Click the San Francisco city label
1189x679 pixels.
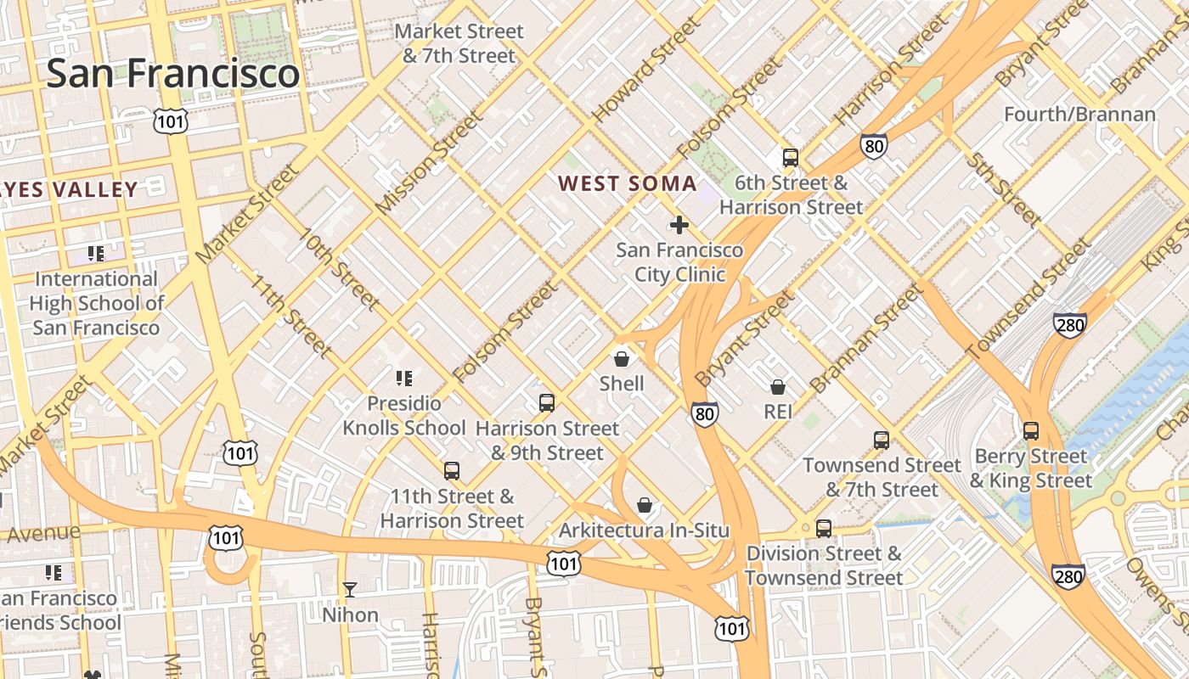click(x=172, y=73)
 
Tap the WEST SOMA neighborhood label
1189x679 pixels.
click(x=627, y=183)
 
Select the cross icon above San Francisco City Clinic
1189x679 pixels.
click(x=679, y=225)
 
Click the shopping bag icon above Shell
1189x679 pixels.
click(x=622, y=358)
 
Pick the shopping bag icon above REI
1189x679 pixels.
click(x=777, y=387)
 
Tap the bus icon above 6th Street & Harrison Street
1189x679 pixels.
click(x=790, y=157)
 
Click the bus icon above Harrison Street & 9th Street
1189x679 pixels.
click(x=547, y=402)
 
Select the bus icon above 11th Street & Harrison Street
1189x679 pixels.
click(x=452, y=470)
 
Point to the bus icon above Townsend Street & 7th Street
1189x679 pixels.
click(x=882, y=440)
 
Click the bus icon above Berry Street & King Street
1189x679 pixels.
click(x=1030, y=430)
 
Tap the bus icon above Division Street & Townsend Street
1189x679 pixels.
click(x=823, y=528)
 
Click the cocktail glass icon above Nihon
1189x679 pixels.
click(x=350, y=589)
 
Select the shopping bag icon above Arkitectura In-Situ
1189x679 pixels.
click(x=645, y=506)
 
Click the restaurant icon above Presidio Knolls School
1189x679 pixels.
click(x=404, y=378)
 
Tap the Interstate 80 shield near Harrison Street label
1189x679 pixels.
click(x=873, y=146)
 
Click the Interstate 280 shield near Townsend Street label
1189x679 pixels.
click(x=1069, y=325)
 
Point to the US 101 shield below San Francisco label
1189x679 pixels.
click(x=170, y=121)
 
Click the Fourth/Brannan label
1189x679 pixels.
click(x=1079, y=114)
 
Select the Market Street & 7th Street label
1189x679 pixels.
click(x=459, y=43)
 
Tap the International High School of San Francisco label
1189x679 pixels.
click(x=96, y=303)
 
